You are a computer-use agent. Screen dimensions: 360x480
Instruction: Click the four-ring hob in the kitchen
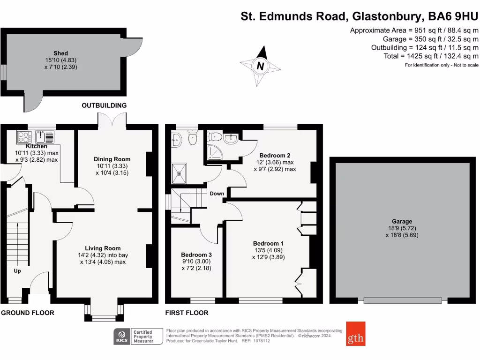(x=23, y=137)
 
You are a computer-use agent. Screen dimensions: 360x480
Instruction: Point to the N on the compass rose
(x=260, y=66)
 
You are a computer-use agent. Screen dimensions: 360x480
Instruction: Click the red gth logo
(x=356, y=333)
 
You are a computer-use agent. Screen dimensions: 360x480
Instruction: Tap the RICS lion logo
(x=122, y=337)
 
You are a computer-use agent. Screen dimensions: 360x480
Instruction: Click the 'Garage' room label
(x=402, y=221)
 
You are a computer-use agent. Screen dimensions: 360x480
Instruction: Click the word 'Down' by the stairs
(x=217, y=194)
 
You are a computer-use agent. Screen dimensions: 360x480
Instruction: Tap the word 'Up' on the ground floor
(x=17, y=271)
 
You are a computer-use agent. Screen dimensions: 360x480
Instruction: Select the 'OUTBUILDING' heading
(x=104, y=105)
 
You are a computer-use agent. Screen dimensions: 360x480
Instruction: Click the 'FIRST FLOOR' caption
(x=187, y=313)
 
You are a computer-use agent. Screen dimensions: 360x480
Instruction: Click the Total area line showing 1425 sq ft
(x=431, y=56)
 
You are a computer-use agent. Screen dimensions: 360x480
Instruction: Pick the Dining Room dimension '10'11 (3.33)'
(x=111, y=166)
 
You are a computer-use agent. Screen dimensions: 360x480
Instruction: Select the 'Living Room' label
(x=103, y=248)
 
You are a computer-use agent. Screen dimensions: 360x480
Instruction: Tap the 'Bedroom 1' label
(x=268, y=243)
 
